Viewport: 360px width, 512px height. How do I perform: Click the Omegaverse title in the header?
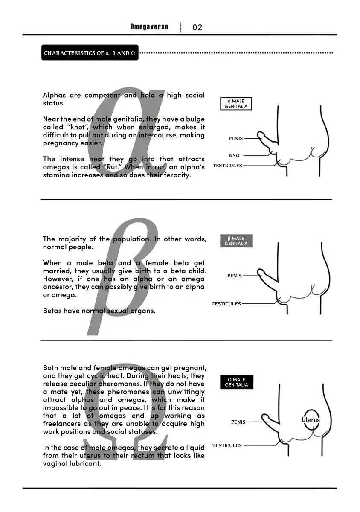(x=149, y=27)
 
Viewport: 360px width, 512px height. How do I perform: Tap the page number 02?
(x=197, y=27)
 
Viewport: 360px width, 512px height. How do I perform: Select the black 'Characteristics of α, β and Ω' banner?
(x=90, y=52)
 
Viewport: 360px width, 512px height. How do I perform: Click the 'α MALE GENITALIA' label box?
(x=236, y=104)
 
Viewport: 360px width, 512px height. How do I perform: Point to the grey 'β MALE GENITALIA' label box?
(x=236, y=241)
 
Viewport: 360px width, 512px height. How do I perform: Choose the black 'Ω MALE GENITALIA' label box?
(x=237, y=382)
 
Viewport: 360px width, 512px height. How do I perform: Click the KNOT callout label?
(x=235, y=155)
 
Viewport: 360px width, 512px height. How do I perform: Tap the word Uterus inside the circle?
(x=311, y=420)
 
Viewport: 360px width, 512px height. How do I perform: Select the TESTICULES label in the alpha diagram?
(x=227, y=166)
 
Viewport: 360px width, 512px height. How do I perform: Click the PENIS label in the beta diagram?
(x=234, y=276)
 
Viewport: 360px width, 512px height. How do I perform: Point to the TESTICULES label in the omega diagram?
(x=227, y=445)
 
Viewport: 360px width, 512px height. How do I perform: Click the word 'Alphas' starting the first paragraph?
(x=55, y=95)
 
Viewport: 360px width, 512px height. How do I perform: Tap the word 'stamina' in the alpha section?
(x=55, y=175)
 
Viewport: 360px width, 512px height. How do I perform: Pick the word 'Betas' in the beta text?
(x=52, y=311)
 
